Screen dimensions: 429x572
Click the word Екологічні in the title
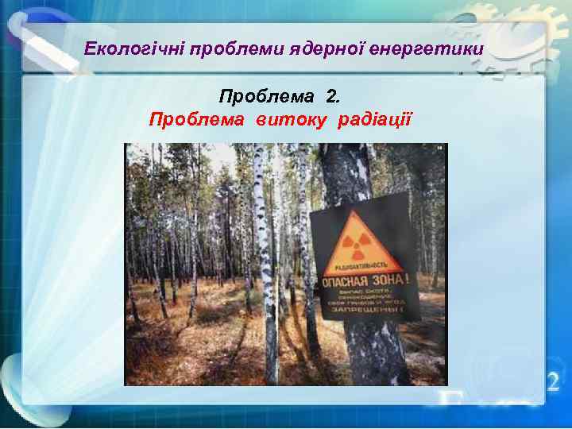pyautogui.click(x=133, y=51)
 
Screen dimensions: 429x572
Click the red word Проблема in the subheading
pyautogui.click(x=198, y=120)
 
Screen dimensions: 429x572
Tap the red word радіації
pyautogui.click(x=374, y=120)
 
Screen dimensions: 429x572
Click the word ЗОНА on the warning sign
pyautogui.click(x=392, y=280)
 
